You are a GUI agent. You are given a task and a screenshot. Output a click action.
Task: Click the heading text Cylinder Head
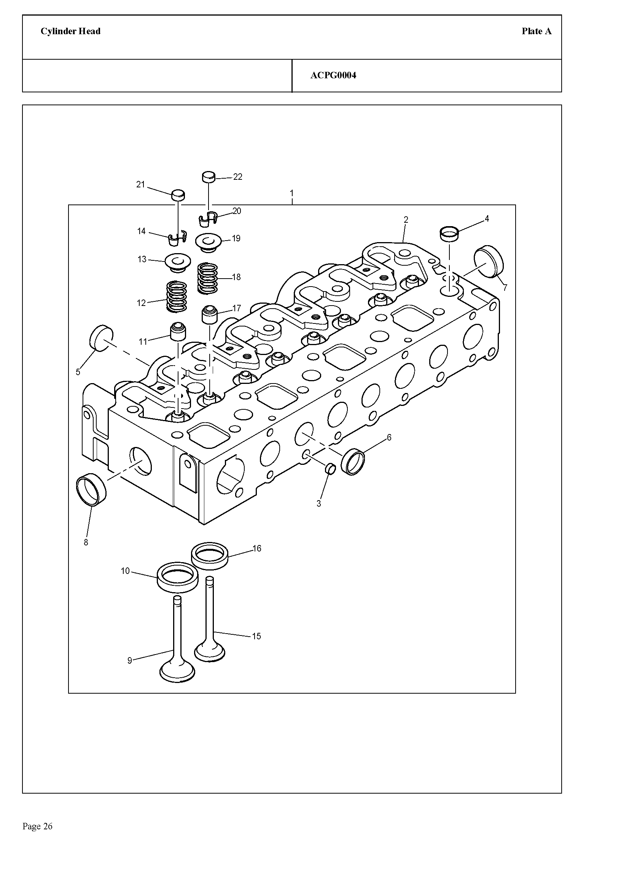point(70,32)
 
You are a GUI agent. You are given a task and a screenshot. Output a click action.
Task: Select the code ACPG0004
point(333,76)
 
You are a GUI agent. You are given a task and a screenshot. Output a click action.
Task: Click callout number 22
point(237,177)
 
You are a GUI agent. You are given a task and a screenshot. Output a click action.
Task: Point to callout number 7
point(505,288)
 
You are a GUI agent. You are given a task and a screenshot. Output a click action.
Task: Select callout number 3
point(318,504)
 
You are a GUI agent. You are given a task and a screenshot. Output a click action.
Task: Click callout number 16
point(257,548)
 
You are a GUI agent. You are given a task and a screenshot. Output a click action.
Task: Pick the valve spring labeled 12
point(176,297)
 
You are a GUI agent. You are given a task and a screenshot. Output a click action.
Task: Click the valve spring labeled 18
point(208,278)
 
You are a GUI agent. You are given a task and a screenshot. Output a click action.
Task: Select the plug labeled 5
point(101,338)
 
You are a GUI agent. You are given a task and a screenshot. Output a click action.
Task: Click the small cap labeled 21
point(178,195)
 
